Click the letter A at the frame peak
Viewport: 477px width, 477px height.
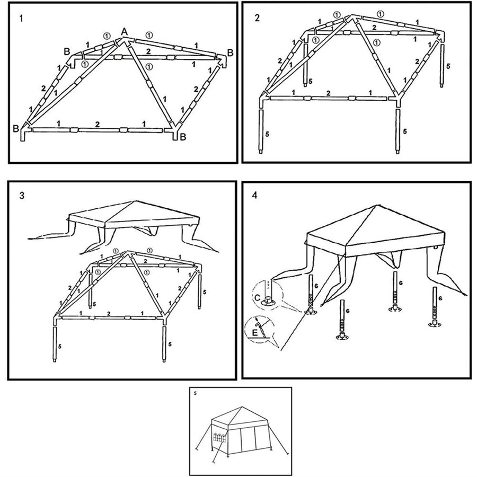pos(124,32)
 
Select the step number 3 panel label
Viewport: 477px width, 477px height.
pos(21,195)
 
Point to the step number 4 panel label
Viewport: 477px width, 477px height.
pos(255,195)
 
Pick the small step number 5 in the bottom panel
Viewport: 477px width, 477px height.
pos(195,393)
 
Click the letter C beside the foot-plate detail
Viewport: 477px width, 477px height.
pos(257,298)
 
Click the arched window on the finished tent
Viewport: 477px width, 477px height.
pos(219,438)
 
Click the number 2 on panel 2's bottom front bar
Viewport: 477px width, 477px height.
pos(329,93)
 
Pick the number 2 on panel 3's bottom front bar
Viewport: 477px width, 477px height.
pos(109,314)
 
